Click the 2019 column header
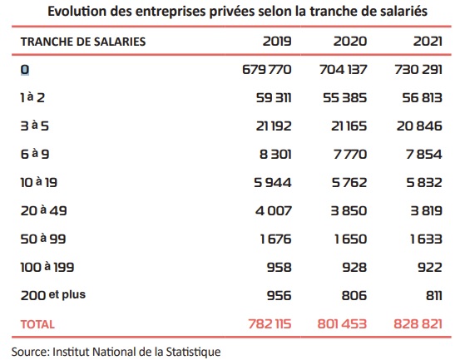277,42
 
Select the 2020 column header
350,42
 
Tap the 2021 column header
428,42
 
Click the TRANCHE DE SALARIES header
83,42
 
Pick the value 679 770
267,70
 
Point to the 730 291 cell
418,70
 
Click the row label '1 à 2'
32,97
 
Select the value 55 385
344,98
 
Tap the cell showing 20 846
419,126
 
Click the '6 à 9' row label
35,154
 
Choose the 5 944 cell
273,183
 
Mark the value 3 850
349,211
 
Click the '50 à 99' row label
43,239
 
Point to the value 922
430,268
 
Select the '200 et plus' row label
52,295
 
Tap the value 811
434,295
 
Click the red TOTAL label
37,324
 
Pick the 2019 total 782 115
270,324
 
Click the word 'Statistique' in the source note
193,352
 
